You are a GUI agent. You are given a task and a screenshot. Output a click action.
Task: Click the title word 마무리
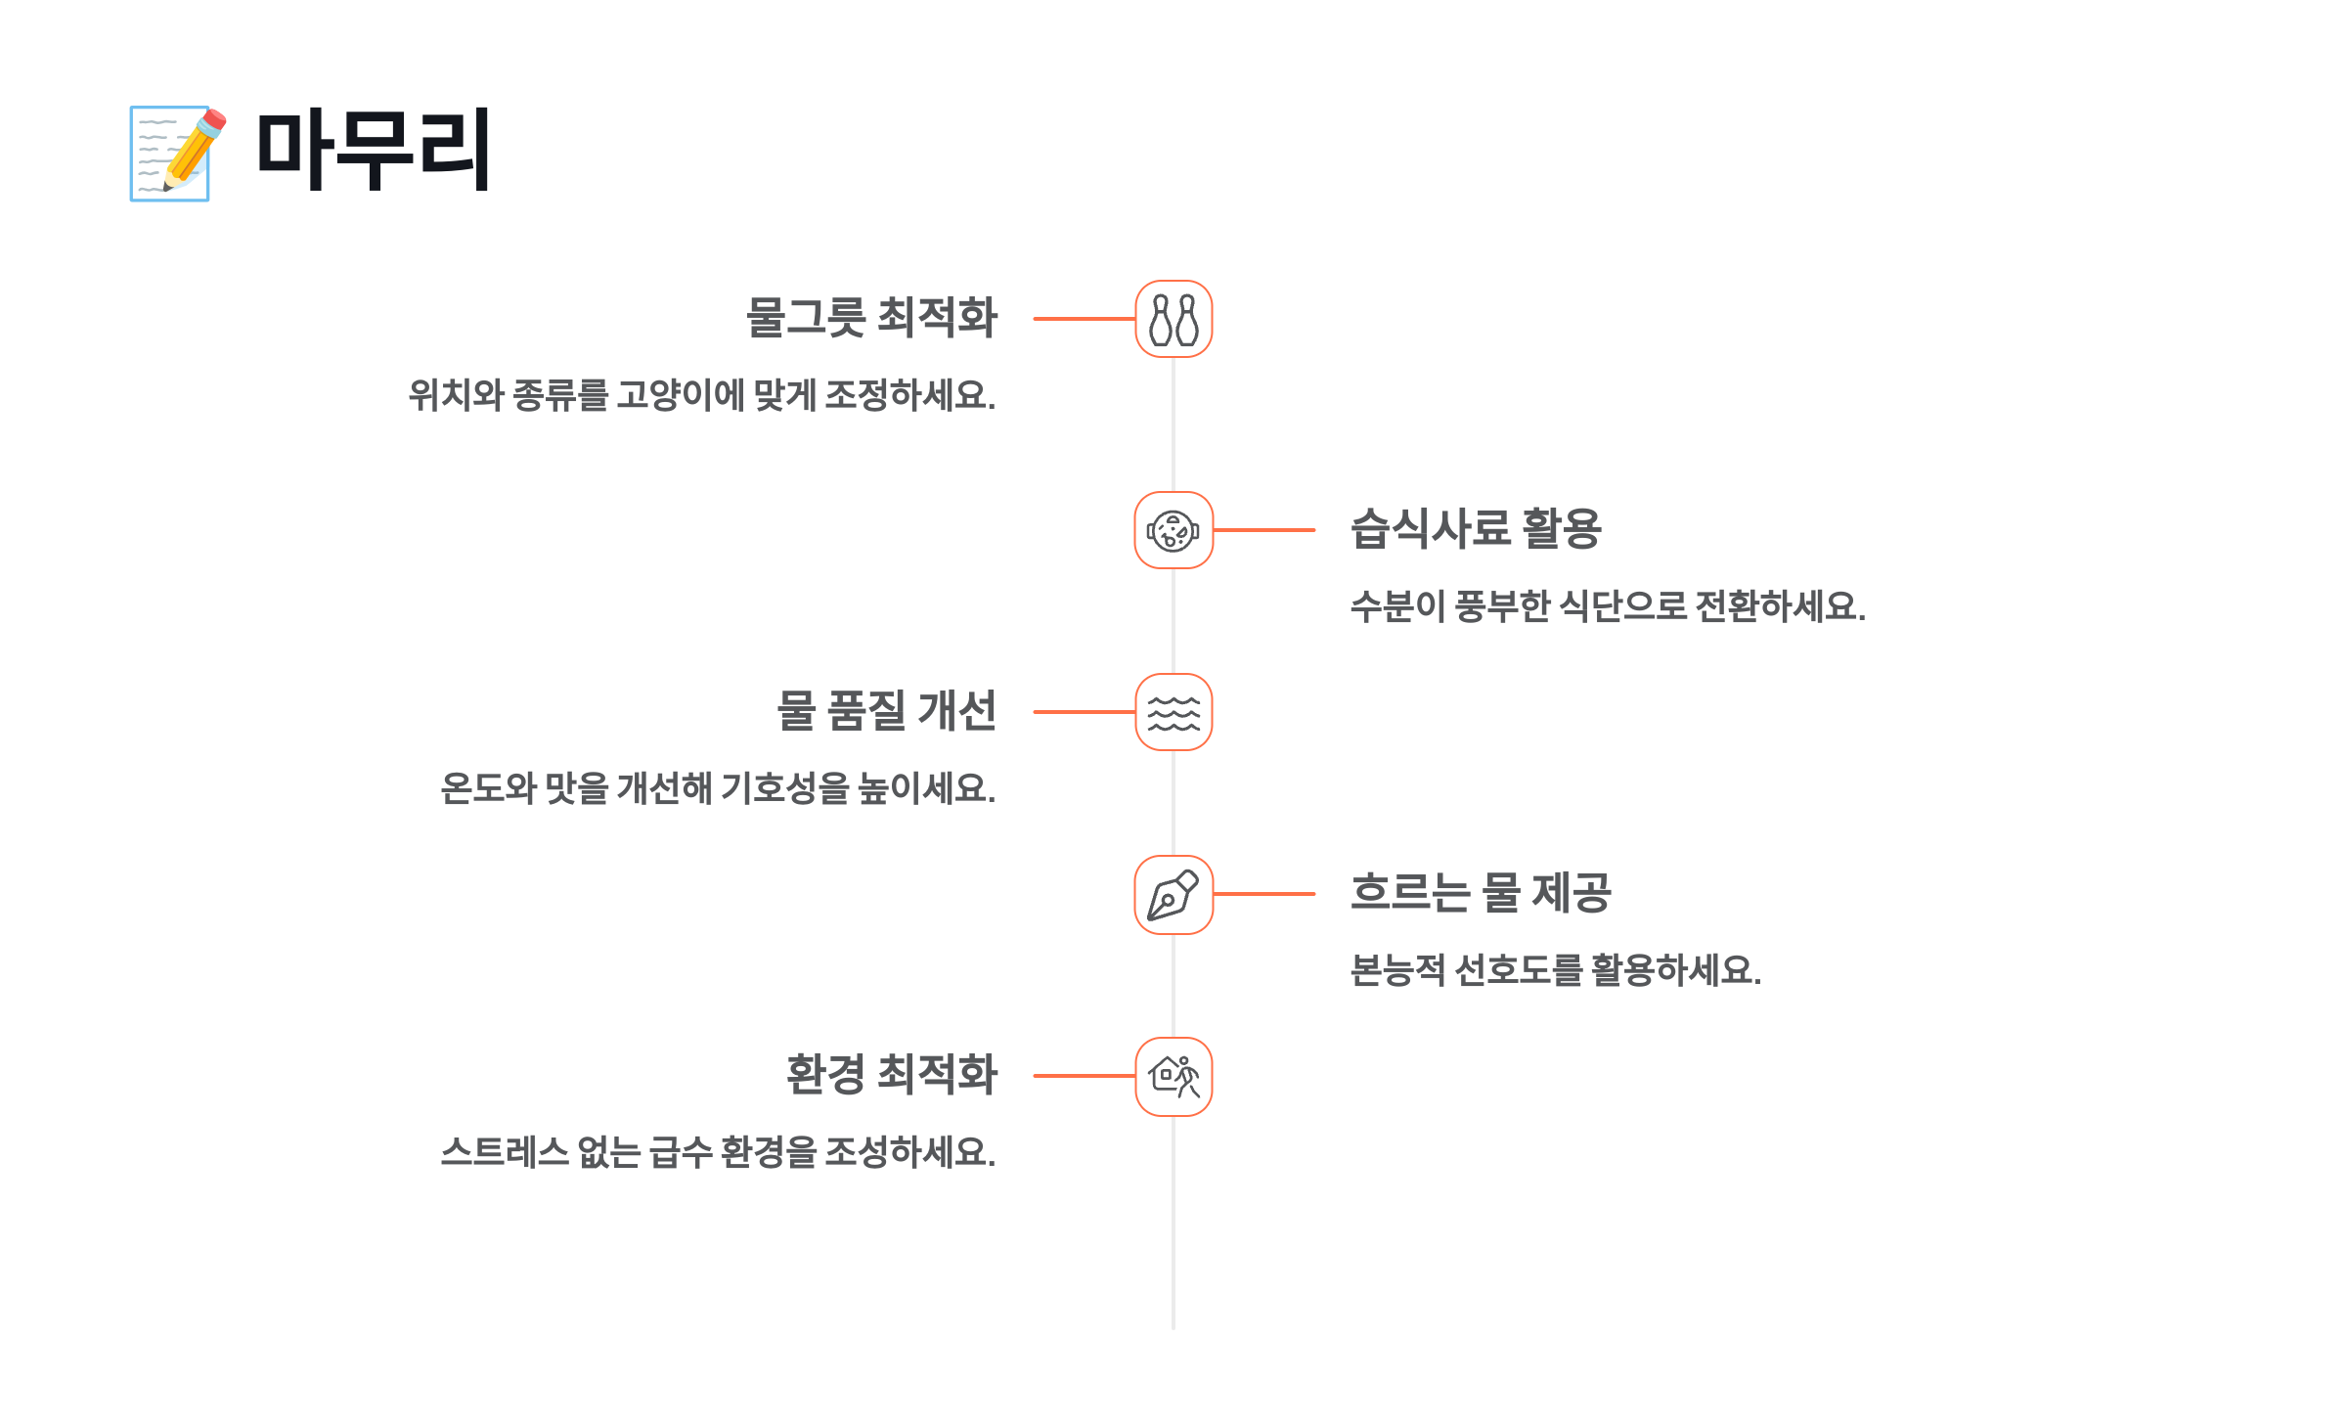(373, 151)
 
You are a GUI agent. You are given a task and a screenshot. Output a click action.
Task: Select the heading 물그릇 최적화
(870, 318)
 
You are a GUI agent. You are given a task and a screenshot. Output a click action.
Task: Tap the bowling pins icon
(1173, 319)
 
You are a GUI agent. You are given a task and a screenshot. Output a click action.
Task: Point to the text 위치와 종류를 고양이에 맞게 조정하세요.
(701, 395)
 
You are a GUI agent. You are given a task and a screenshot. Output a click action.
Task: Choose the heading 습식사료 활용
(1476, 529)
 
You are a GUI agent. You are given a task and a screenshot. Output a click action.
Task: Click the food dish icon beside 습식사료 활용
(1173, 530)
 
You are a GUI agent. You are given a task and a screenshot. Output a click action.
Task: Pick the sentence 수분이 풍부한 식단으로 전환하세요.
(1608, 606)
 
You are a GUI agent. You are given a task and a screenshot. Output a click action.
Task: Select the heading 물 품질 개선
(886, 711)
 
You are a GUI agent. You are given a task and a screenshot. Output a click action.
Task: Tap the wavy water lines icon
(1173, 712)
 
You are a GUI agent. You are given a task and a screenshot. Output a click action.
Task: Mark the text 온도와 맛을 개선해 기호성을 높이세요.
(718, 788)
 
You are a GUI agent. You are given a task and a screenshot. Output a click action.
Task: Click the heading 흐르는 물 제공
(1481, 893)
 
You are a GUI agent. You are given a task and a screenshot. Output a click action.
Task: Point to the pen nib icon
(1173, 894)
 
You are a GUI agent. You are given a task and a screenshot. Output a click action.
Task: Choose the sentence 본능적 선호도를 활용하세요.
(1555, 970)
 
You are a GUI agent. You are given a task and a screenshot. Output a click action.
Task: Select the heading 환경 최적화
(891, 1075)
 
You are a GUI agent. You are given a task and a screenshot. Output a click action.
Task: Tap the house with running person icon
(1173, 1076)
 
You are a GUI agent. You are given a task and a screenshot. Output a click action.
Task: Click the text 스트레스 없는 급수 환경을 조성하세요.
(718, 1152)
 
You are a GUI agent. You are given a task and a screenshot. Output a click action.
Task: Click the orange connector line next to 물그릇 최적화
(1084, 319)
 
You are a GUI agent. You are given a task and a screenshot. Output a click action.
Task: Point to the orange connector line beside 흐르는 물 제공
(1263, 894)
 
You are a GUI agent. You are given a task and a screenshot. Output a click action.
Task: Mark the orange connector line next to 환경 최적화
(1084, 1076)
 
